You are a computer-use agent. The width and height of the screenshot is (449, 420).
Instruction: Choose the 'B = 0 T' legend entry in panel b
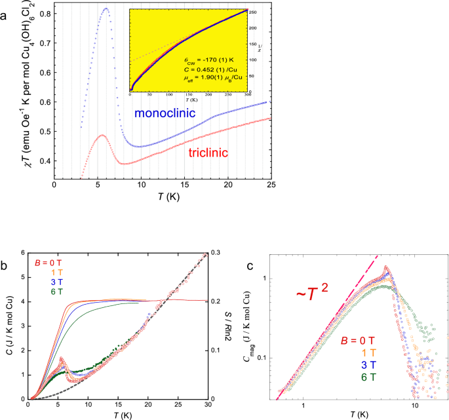pyautogui.click(x=47, y=264)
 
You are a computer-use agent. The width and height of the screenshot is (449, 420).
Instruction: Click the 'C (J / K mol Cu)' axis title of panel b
pyautogui.click(x=9, y=326)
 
